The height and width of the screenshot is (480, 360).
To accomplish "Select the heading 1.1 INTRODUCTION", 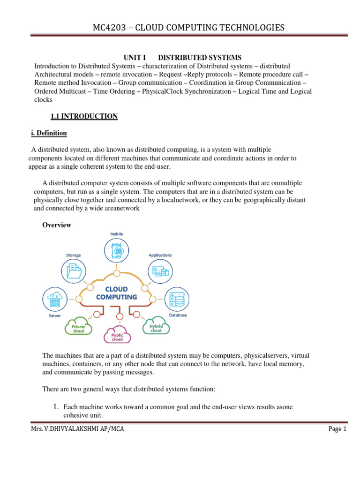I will (83, 116).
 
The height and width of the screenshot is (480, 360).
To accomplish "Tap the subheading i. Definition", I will (49, 133).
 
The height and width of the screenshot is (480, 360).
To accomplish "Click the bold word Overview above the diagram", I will (57, 225).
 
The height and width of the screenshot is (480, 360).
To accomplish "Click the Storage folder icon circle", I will (74, 271).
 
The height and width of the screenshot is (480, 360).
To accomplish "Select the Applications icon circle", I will (160, 271).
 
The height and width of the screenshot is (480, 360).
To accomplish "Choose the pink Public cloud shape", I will (117, 336).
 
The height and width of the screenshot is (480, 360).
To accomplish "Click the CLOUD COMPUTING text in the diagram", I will (116, 293).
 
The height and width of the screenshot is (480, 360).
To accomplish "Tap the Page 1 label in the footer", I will (337, 429).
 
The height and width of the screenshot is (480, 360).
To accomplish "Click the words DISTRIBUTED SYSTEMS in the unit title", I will (200, 57).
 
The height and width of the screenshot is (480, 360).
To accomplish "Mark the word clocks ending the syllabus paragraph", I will (43, 99).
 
